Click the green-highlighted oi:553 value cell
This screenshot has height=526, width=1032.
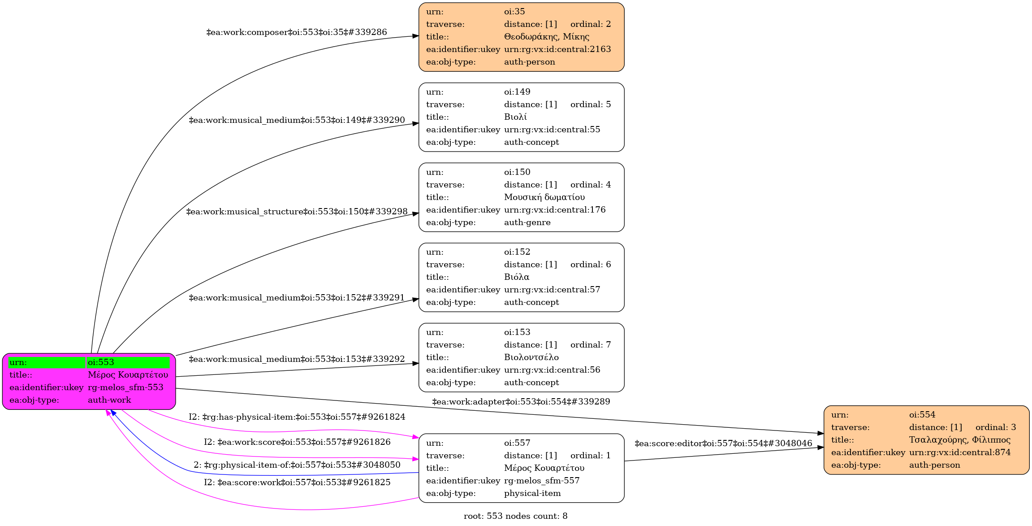pyautogui.click(x=128, y=362)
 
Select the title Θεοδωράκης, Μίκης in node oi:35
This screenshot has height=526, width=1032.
pyautogui.click(x=546, y=37)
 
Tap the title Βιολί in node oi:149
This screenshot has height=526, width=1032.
pyautogui.click(x=515, y=117)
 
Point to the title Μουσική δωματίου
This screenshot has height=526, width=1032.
pyautogui.click(x=544, y=197)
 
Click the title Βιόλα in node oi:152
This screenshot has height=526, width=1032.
pyautogui.click(x=516, y=277)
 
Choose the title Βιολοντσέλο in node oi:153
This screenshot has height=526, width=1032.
pyautogui.click(x=531, y=357)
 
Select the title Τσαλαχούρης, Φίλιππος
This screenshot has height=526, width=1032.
pyautogui.click(x=959, y=440)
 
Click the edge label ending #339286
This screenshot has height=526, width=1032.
pyautogui.click(x=296, y=32)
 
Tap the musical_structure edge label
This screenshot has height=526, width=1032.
pyautogui.click(x=297, y=212)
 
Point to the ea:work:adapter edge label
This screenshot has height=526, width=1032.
pyautogui.click(x=521, y=402)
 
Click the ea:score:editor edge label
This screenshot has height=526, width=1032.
pyautogui.click(x=723, y=443)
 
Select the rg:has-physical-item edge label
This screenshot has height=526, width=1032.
pyautogui.click(x=297, y=417)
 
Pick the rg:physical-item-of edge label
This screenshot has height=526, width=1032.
pyautogui.click(x=297, y=465)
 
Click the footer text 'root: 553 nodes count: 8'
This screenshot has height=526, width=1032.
pyautogui.click(x=515, y=516)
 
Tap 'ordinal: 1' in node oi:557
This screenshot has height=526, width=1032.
pyautogui.click(x=590, y=456)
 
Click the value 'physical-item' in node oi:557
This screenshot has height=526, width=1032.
pyautogui.click(x=532, y=493)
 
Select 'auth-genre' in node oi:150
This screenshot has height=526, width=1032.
pyautogui.click(x=527, y=222)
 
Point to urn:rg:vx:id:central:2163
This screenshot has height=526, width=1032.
pyautogui.click(x=557, y=49)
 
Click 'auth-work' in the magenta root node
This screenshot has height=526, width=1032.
pyautogui.click(x=109, y=400)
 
